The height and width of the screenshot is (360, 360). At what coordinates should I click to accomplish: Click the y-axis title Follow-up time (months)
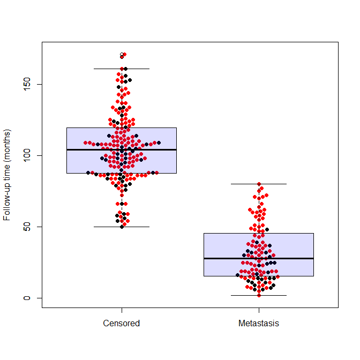click(7, 175)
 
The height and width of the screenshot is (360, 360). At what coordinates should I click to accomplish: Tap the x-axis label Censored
click(122, 324)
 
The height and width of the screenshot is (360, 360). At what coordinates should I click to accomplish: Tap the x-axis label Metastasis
click(259, 324)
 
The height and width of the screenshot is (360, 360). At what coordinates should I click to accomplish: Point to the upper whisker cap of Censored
click(122, 69)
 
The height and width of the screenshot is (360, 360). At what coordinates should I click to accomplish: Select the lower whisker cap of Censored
click(122, 227)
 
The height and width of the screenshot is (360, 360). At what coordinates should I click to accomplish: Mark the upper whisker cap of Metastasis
click(259, 184)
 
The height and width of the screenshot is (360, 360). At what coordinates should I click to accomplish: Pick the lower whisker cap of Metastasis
click(259, 295)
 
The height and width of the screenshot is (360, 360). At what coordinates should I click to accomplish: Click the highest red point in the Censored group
click(124, 54)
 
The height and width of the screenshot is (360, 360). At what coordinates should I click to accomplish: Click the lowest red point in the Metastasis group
click(259, 295)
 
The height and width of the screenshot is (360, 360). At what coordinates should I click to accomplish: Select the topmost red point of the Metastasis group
click(259, 184)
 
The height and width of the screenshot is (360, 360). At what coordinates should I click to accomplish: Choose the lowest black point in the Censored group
click(122, 227)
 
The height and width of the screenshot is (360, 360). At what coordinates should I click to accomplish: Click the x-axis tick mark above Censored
click(122, 311)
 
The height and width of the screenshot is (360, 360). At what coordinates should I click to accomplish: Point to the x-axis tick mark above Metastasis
click(259, 311)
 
